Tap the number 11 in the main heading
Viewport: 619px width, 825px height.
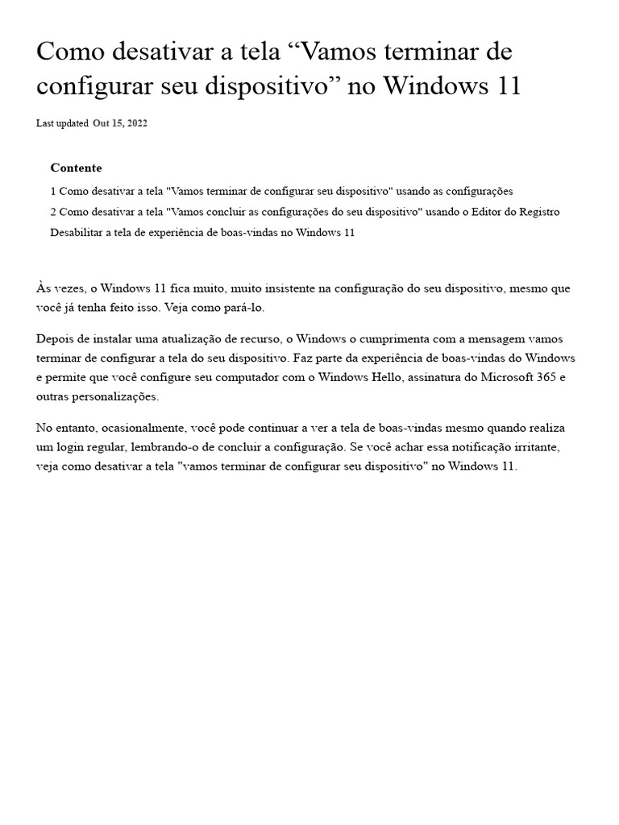pyautogui.click(x=505, y=86)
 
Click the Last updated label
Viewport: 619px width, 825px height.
pyautogui.click(x=62, y=123)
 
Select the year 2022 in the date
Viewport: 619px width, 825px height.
pyautogui.click(x=135, y=123)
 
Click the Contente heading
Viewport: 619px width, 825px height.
pyautogui.click(x=76, y=168)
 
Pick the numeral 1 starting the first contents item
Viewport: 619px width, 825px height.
pyautogui.click(x=53, y=191)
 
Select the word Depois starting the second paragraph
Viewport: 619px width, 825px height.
pyautogui.click(x=54, y=338)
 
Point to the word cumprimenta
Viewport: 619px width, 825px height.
pyautogui.click(x=383, y=338)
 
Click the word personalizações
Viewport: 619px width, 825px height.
pyautogui.click(x=110, y=396)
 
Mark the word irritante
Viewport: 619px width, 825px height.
pyautogui.click(x=549, y=446)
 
